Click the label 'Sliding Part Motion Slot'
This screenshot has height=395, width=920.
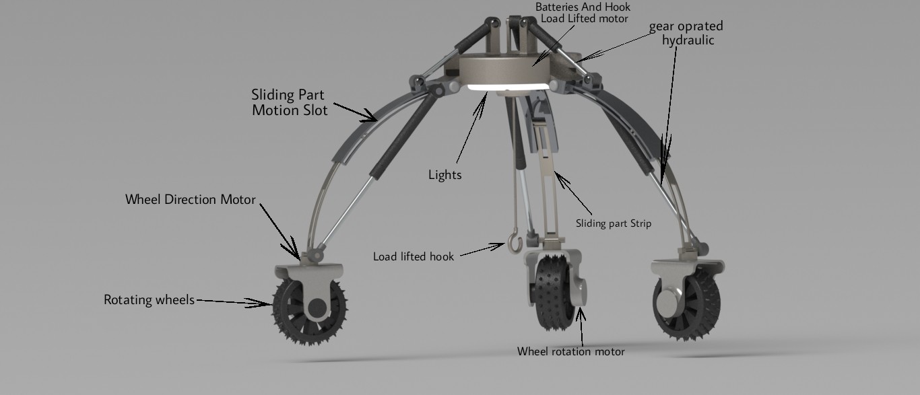tap(290, 102)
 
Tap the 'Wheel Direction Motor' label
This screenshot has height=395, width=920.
tap(190, 200)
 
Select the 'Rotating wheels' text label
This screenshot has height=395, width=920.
tap(148, 299)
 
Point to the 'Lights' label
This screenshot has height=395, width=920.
tap(445, 175)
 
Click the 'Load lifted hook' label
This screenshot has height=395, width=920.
tap(414, 256)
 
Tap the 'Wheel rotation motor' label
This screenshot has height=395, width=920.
tap(570, 351)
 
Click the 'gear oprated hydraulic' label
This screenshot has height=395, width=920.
tap(686, 33)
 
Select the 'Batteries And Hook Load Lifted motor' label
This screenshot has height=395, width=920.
tap(583, 13)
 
